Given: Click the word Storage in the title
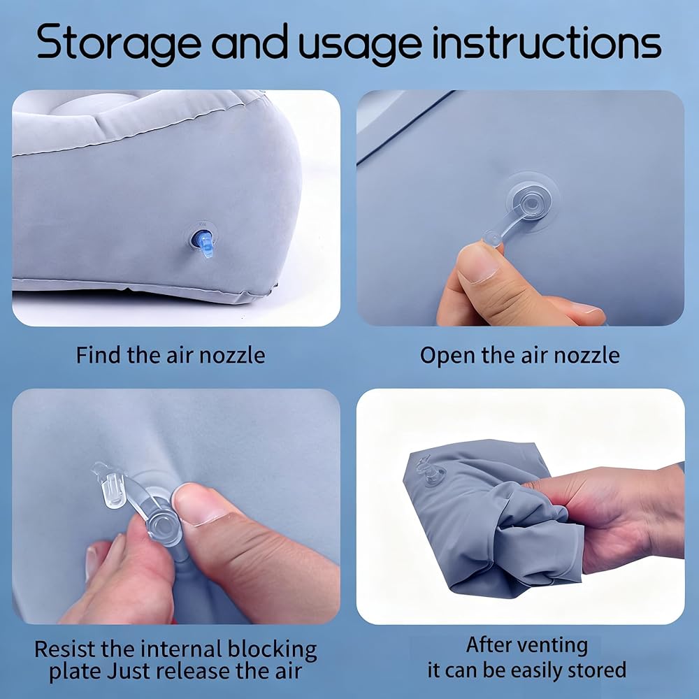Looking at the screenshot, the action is pos(119,43).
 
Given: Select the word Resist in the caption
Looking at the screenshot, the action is pos(65,649).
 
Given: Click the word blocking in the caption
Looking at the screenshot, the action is pos(272,650).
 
